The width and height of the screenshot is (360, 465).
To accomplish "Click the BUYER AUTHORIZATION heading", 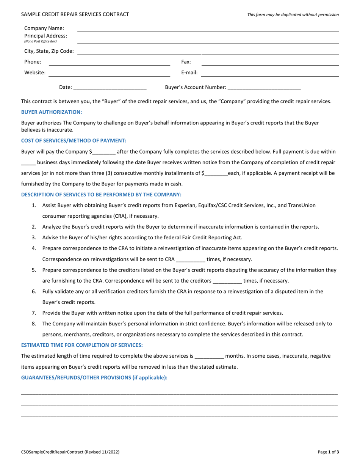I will point(52,112).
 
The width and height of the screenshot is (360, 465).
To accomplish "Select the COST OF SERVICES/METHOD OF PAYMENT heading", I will point(74,140).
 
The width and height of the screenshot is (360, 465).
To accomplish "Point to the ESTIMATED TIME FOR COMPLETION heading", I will point(82,345).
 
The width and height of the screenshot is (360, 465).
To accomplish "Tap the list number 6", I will point(34,291).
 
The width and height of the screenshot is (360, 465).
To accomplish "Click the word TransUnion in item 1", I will point(302,205).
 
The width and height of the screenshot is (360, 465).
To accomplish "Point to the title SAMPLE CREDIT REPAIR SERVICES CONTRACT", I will point(75,14).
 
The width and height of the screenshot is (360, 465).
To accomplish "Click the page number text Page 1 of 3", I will point(328,452).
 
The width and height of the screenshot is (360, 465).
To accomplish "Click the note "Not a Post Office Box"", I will point(41,41).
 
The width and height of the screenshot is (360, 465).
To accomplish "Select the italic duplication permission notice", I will point(293,15).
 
